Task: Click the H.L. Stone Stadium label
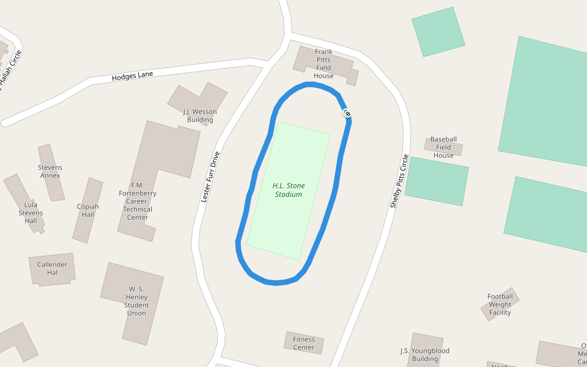point(289,190)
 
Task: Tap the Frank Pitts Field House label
point(323,64)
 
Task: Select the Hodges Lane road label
point(132,76)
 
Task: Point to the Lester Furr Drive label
point(210,177)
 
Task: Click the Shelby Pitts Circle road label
point(399,181)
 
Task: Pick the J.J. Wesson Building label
point(200,116)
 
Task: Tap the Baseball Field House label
point(443,147)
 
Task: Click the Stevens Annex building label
point(50,171)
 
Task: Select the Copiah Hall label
point(88,210)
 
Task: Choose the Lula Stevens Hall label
point(31,213)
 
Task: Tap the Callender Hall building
point(52,268)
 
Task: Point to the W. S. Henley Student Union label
point(136,300)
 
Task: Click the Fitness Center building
point(304,343)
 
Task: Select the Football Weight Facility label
point(500,305)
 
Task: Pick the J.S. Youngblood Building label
point(424,355)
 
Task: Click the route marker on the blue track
point(347,113)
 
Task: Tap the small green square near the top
point(438,32)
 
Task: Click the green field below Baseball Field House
point(436,181)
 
